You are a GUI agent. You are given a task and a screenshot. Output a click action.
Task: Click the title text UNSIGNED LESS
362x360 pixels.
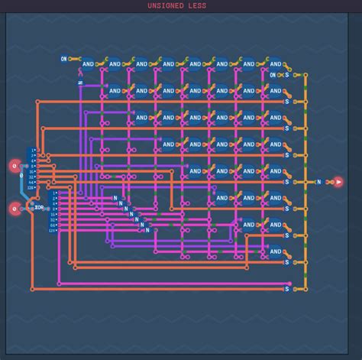tap(176, 6)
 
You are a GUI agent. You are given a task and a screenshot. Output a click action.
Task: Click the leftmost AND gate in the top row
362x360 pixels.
tap(87, 64)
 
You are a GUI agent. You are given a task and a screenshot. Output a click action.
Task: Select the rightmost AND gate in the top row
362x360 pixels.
tap(275, 64)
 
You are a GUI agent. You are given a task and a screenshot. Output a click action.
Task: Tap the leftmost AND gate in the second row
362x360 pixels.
tap(115, 91)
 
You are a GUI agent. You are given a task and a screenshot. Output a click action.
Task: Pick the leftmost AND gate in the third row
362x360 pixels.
tap(141, 118)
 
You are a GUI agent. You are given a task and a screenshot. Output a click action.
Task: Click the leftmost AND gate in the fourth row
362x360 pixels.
tap(168, 144)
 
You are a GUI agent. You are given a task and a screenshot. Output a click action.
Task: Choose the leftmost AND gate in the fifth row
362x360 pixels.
tap(195, 171)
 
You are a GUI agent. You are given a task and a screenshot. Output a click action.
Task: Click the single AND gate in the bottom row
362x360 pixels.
tap(275, 251)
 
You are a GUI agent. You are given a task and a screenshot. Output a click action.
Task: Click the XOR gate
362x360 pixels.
tap(39, 207)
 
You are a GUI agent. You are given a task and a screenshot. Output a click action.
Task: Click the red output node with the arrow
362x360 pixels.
tap(338, 182)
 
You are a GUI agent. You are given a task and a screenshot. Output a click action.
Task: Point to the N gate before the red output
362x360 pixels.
tap(318, 182)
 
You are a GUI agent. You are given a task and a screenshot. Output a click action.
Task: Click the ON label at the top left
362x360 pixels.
tap(64, 59)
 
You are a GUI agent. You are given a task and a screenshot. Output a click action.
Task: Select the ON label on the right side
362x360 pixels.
tap(273, 75)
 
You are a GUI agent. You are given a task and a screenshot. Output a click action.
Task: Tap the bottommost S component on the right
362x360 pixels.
tap(287, 289)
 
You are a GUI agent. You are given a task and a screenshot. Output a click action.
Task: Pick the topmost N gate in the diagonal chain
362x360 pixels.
tap(115, 198)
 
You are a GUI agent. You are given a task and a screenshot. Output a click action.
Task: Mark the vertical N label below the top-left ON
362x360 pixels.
tap(79, 81)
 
